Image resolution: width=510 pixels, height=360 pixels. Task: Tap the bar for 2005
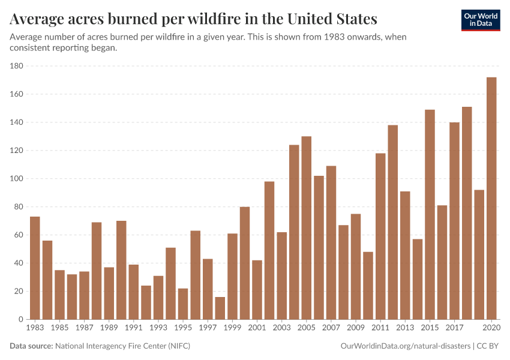coord(307,228)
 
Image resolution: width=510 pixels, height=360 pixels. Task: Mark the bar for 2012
coord(392,222)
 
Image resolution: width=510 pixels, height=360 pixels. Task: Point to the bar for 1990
coord(121,270)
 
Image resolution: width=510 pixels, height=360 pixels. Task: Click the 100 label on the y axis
coord(15,179)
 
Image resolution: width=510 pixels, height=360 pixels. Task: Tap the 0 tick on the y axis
coord(20,320)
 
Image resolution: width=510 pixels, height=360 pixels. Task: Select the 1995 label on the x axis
coord(183,328)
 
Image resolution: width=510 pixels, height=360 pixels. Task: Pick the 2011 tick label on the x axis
coord(380,328)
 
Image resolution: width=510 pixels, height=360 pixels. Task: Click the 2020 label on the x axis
coord(491,328)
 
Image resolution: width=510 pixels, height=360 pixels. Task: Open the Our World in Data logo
coord(480,20)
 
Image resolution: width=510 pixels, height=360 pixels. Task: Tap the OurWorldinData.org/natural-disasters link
coord(405,346)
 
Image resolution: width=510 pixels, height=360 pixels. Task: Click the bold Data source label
coord(31,346)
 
